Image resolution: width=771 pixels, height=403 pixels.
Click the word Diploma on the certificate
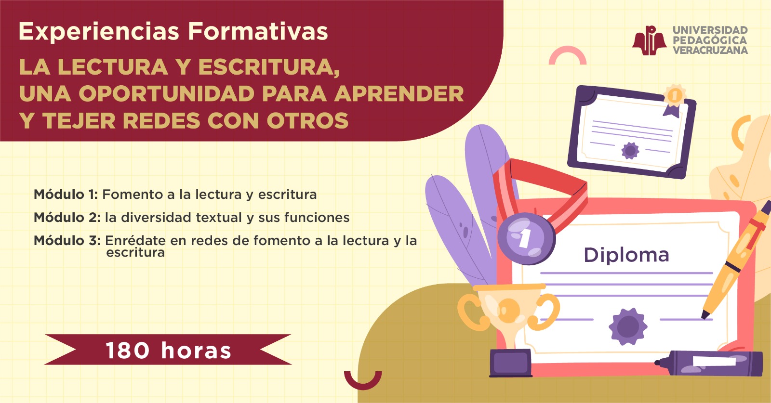(626, 256)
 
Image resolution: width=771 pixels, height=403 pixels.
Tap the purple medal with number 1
(526, 238)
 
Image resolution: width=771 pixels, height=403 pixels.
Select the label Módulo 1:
(66, 195)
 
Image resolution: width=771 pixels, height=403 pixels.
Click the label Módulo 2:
(67, 218)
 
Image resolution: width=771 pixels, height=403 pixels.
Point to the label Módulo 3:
(67, 241)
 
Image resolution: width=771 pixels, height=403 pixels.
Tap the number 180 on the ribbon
(127, 351)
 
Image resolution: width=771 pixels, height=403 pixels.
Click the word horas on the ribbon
(196, 351)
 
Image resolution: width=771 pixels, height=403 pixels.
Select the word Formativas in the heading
(258, 32)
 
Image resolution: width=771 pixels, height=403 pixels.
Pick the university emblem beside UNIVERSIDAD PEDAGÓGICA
(650, 40)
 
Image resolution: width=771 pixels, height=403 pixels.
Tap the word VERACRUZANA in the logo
(710, 50)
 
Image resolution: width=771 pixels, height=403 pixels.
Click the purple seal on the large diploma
(628, 326)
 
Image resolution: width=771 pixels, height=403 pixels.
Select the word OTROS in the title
(308, 121)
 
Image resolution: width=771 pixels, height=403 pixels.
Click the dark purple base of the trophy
(511, 363)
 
